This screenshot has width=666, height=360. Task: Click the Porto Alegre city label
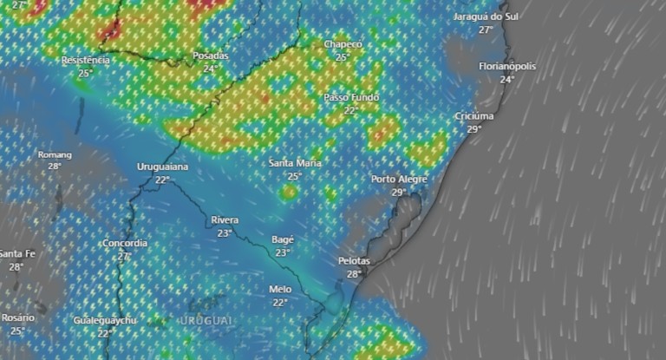click(399, 180)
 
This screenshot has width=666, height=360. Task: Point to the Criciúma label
click(474, 116)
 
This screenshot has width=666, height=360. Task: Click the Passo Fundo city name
click(351, 98)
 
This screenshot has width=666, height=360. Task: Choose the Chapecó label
click(343, 44)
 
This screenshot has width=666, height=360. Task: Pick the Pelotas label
click(354, 261)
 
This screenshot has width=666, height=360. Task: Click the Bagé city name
click(283, 239)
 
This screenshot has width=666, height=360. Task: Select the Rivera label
click(225, 220)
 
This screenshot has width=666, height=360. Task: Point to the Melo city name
click(279, 290)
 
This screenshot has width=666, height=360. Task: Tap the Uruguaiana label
click(163, 167)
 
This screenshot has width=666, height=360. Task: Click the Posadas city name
click(210, 56)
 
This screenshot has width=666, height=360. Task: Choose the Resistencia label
click(86, 61)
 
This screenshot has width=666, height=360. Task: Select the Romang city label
click(55, 154)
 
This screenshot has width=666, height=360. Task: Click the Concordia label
click(124, 244)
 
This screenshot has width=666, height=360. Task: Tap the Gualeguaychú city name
click(105, 321)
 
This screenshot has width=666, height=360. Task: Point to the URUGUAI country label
click(206, 321)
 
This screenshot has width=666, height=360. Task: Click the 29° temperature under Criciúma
click(474, 129)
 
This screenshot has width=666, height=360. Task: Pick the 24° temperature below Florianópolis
click(506, 79)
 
